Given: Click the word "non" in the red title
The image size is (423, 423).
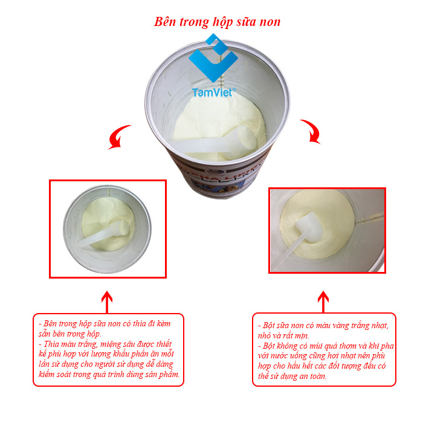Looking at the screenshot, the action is [x=270, y=22].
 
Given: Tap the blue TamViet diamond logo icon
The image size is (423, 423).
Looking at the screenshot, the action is [x=213, y=57].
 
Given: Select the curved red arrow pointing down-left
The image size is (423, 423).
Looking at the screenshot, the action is [x=118, y=137].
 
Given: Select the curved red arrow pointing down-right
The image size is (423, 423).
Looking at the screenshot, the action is [x=312, y=131].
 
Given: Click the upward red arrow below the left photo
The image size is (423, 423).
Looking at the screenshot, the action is [x=107, y=302].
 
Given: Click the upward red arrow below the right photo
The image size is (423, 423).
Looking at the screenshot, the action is [x=323, y=302].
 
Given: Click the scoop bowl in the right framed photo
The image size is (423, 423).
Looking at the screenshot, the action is [x=309, y=227].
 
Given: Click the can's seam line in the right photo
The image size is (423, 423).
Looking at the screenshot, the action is [x=370, y=218].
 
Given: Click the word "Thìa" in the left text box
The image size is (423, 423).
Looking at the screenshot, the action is [x=51, y=344].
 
